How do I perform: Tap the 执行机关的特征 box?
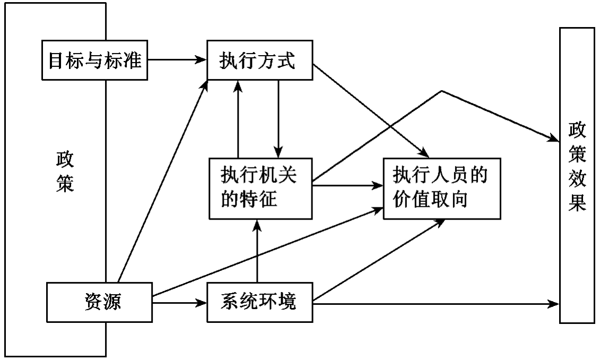coord(259,188)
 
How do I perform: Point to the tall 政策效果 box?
coord(577,175)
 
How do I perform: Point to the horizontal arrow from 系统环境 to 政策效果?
coord(435,304)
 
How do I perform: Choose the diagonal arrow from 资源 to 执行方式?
coord(162,180)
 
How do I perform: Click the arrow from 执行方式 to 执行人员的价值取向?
coord(371,111)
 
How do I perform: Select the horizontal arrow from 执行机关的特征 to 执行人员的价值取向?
coord(347,186)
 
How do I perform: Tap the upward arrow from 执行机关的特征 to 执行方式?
coord(238,119)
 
